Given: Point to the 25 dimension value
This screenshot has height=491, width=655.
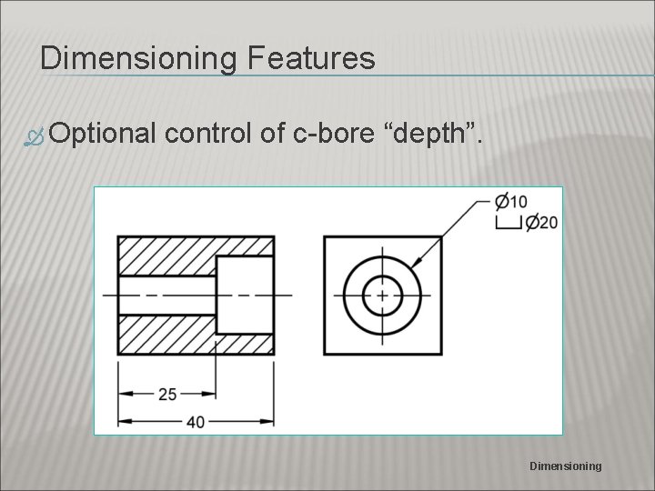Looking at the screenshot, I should (169, 394).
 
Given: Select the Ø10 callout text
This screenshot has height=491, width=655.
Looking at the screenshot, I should (511, 202).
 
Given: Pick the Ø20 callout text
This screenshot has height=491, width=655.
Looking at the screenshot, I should (542, 222).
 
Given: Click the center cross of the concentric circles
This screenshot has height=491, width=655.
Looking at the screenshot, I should (382, 295).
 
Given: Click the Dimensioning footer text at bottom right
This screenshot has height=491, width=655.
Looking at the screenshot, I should (565, 466).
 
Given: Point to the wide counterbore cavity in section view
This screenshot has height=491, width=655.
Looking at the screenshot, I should (244, 295).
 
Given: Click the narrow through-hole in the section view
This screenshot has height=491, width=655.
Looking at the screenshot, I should (166, 295).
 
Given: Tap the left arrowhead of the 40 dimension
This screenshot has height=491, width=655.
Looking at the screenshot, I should (125, 420).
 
